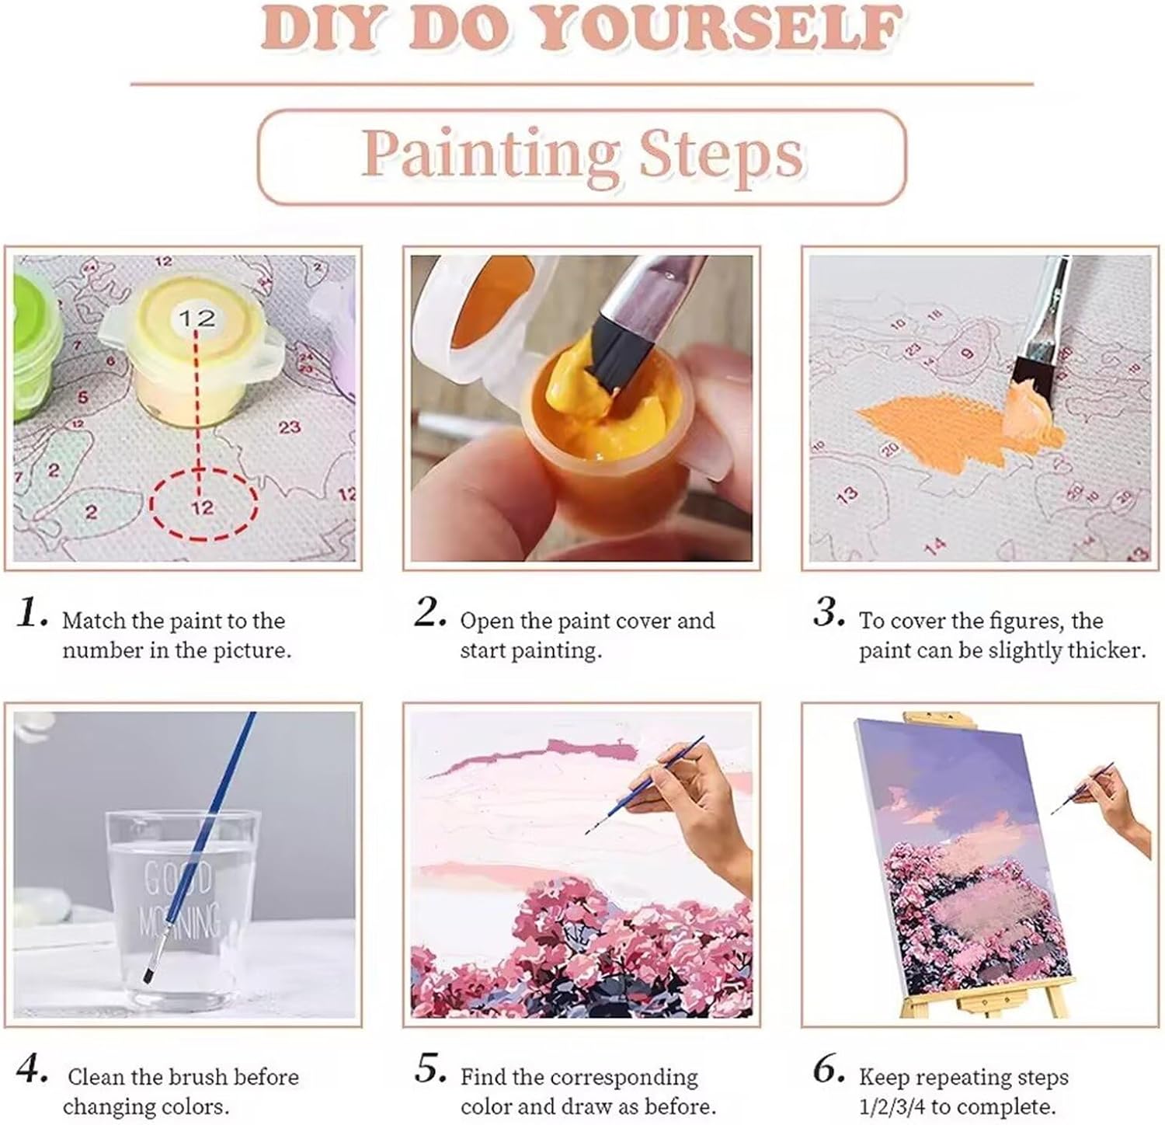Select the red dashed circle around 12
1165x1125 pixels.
203,506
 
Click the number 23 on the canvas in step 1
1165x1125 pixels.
290,427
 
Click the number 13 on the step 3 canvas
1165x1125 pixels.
848,494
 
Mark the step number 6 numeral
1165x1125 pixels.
829,1071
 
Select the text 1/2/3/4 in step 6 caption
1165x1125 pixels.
892,1106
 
